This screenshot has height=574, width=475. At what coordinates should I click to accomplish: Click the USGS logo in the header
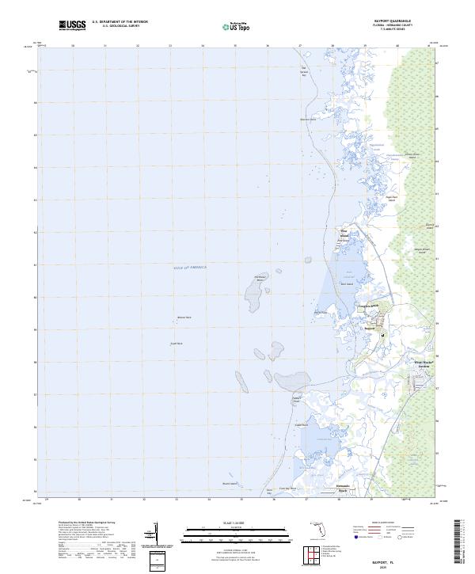pyautogui.click(x=73, y=25)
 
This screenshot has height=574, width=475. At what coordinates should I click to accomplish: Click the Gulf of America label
pyautogui.click(x=189, y=268)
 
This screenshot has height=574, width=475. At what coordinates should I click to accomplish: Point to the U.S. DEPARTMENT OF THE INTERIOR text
pyautogui.click(x=120, y=22)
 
